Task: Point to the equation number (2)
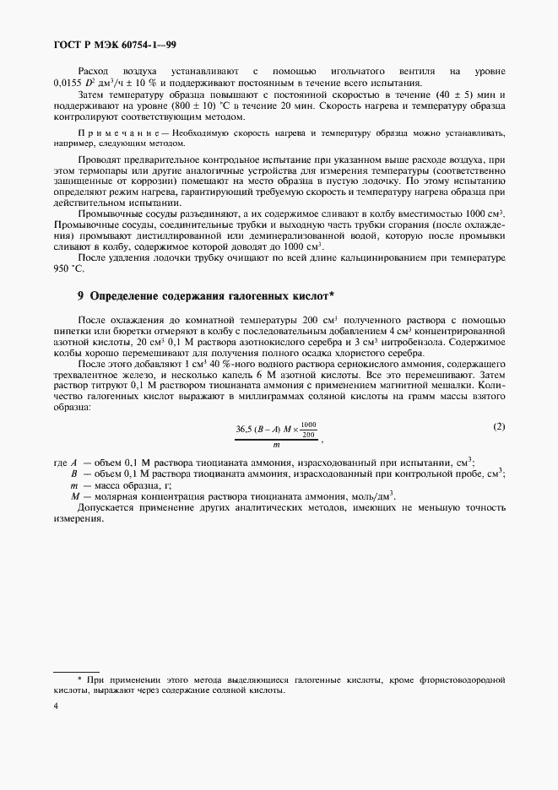tap(499, 426)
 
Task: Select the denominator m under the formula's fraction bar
tap(276, 444)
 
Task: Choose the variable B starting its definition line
tap(75, 474)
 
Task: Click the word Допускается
tap(110, 508)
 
